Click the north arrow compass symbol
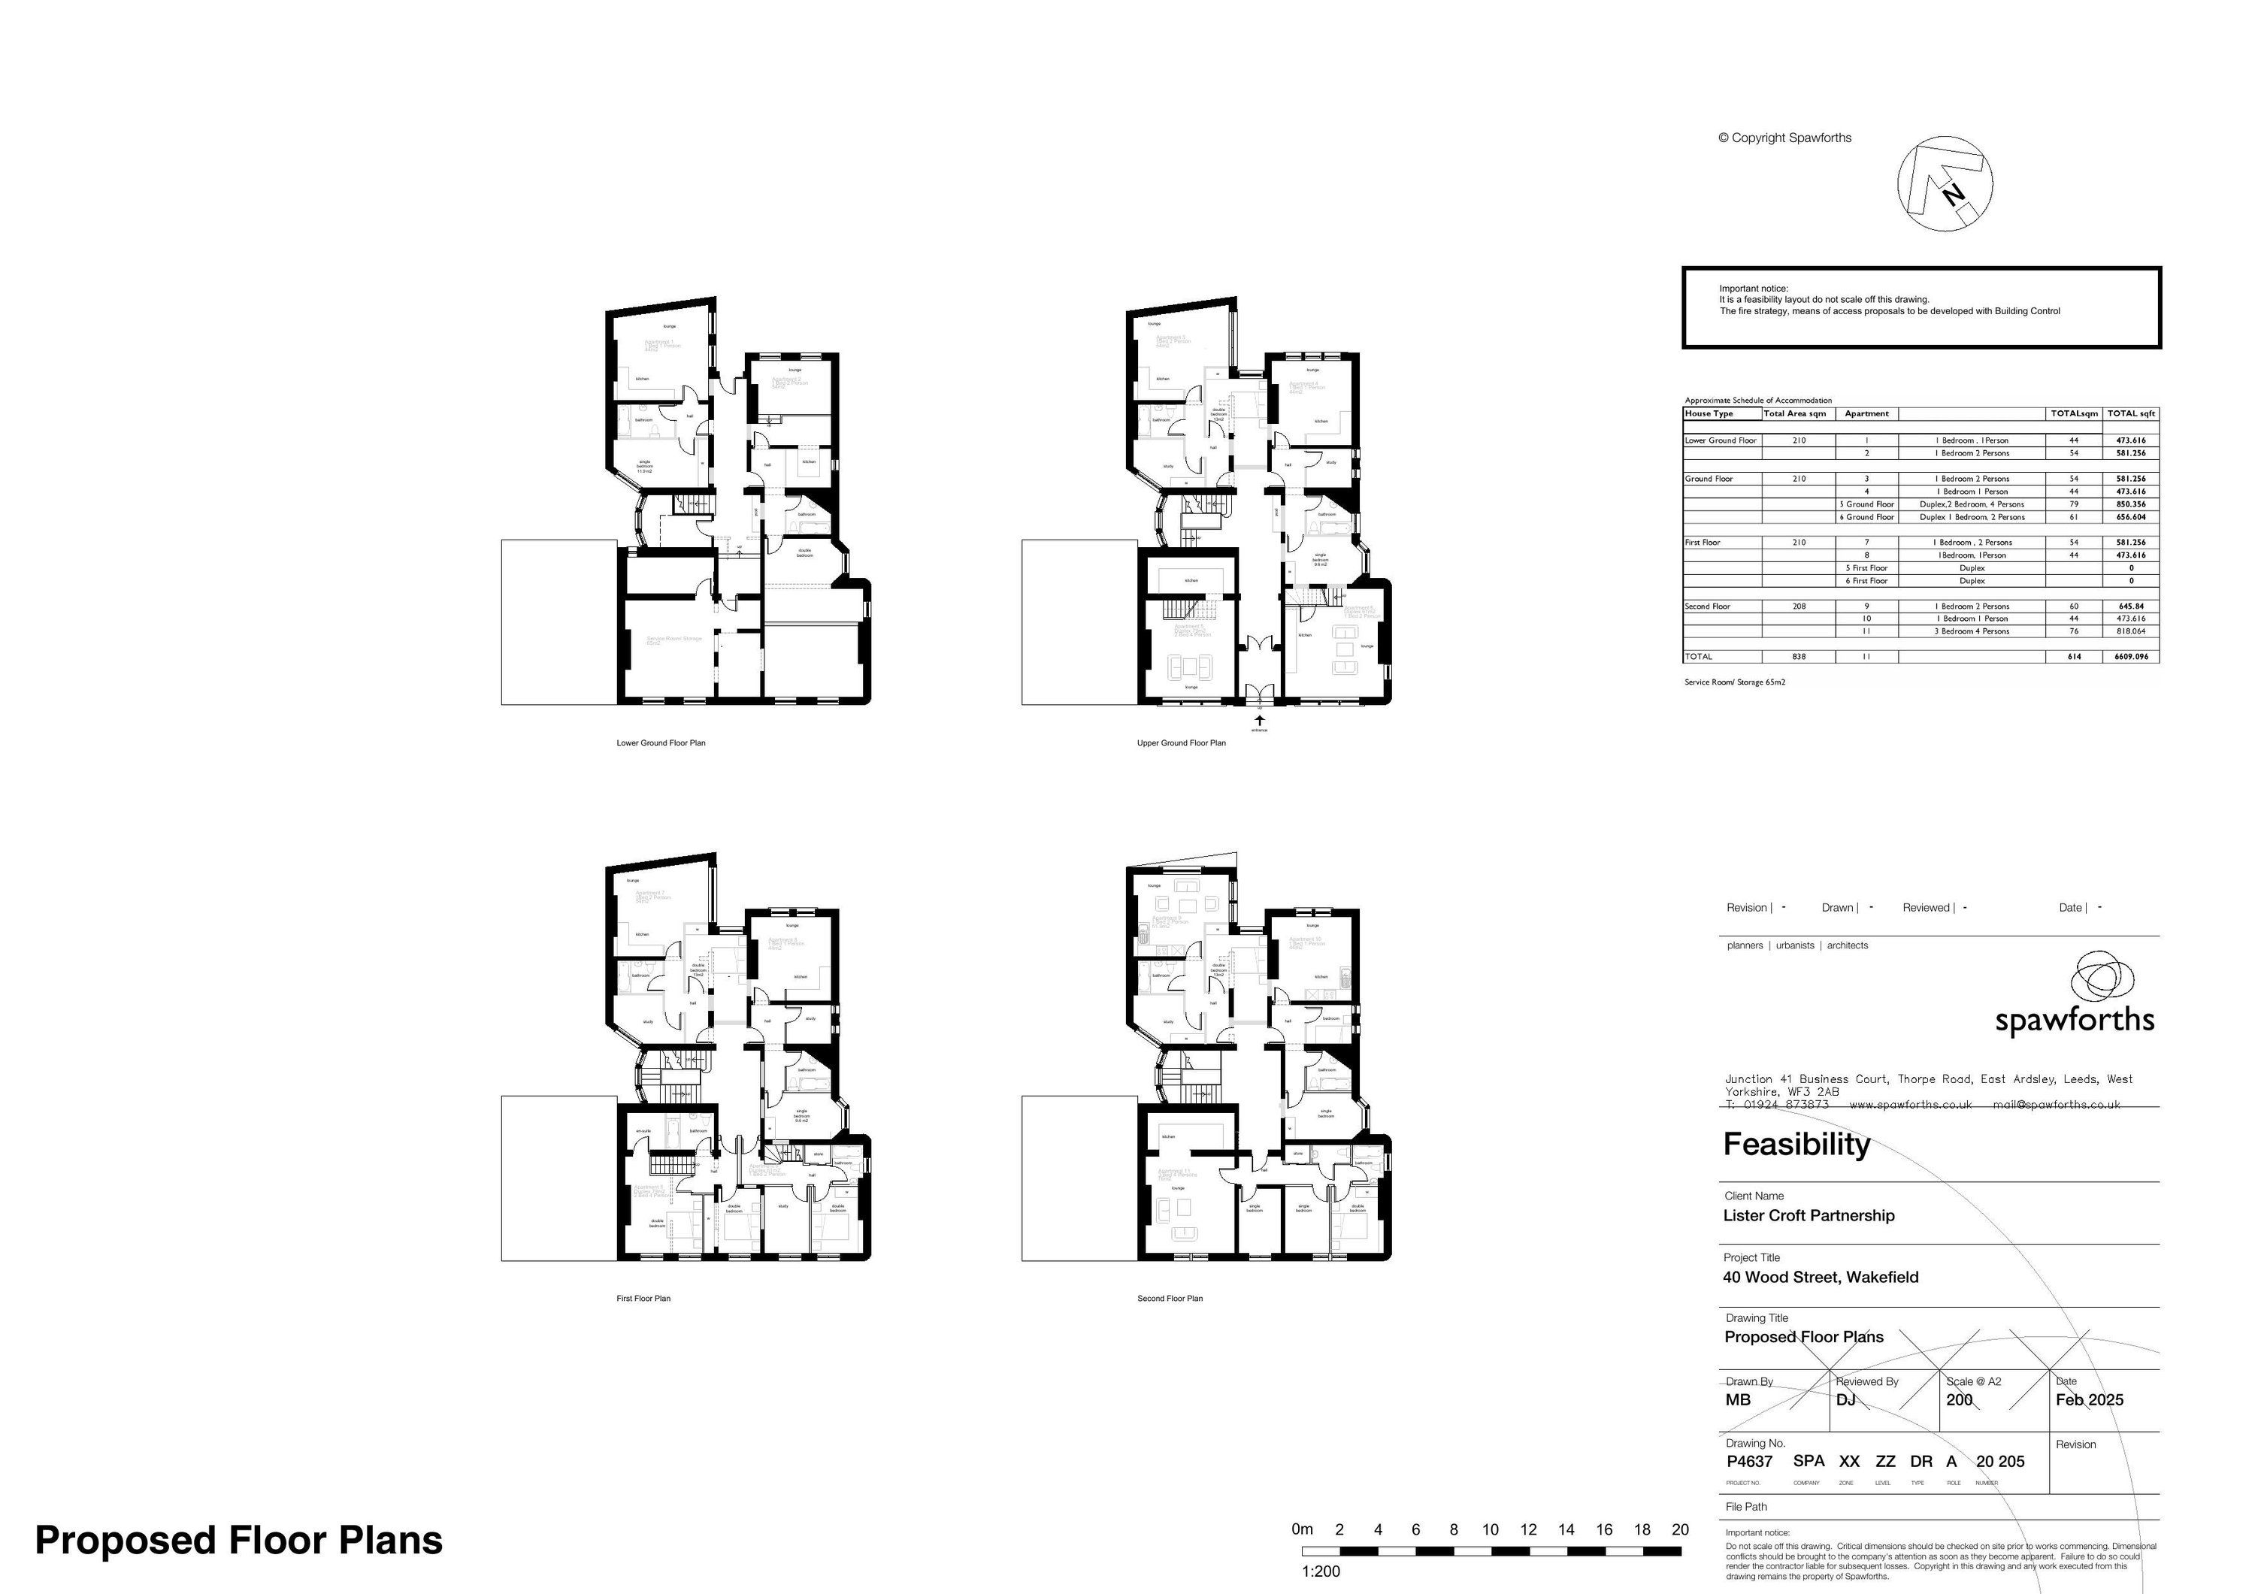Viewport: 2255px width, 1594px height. (1944, 183)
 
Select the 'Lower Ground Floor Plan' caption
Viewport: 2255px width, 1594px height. (660, 743)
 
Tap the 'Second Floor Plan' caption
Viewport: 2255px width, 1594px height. (1170, 1299)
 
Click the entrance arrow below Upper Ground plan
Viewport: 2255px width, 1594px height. (1260, 721)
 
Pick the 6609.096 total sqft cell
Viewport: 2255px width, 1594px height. (2131, 656)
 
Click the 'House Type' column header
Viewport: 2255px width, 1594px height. (1709, 413)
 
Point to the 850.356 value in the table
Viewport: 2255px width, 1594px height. (2131, 504)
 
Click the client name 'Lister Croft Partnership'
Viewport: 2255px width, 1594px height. (1808, 1216)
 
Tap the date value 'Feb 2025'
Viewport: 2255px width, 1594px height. (2089, 1399)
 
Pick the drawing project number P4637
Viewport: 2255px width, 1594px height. (1749, 1462)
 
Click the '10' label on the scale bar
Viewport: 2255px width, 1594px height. (1490, 1529)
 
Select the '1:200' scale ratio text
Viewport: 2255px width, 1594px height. (1320, 1571)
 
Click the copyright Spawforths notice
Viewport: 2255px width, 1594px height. (1784, 138)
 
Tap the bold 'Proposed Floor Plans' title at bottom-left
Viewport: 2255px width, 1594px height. (239, 1540)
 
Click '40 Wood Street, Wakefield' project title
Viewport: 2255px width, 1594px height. (1820, 1277)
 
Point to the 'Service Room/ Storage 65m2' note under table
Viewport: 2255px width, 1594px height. (1734, 682)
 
